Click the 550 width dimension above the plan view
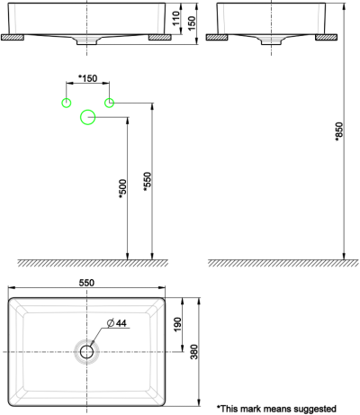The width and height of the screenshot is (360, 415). [x=87, y=282]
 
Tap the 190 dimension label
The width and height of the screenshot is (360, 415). [x=178, y=322]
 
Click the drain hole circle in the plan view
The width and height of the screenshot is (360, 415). [x=87, y=351]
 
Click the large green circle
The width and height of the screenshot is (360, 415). [x=88, y=117]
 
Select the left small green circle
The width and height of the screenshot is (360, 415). [x=66, y=102]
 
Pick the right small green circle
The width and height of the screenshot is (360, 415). [x=110, y=102]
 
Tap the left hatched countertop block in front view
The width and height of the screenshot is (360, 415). [x=13, y=39]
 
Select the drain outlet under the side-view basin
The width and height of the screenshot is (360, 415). [x=272, y=42]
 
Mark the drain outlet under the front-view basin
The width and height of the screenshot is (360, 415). [x=87, y=41]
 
